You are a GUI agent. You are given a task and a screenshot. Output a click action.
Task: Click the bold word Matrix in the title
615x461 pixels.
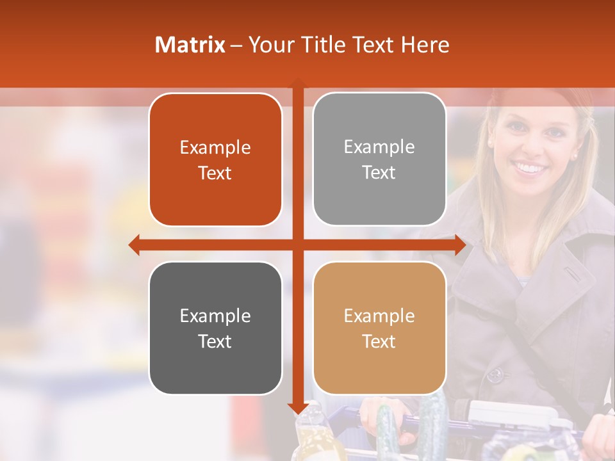coord(190,45)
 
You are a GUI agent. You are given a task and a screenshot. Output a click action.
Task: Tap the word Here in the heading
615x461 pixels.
coord(425,45)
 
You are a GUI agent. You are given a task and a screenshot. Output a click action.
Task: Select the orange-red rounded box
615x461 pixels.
coord(215,159)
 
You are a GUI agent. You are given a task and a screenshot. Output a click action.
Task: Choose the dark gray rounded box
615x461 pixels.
coord(215,328)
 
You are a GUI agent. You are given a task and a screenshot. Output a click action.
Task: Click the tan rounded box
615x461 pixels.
coord(379,328)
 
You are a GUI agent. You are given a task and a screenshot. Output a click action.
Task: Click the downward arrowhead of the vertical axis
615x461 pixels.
coord(298,408)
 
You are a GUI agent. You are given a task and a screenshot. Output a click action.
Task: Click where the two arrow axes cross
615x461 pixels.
coord(298,245)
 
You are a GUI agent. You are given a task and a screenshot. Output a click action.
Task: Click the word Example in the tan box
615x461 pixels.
coord(379,316)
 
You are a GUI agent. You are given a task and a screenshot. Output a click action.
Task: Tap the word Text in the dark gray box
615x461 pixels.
coord(215,341)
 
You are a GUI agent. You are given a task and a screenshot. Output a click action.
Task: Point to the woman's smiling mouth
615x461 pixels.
coord(529,168)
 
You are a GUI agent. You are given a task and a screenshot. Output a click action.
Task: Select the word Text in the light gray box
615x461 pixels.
coord(379,172)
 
